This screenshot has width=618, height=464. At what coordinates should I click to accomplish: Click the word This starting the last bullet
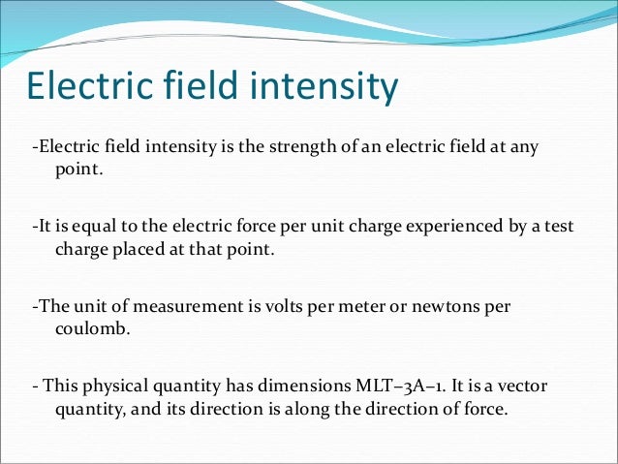(x=60, y=386)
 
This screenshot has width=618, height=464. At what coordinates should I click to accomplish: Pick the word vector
(x=525, y=386)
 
